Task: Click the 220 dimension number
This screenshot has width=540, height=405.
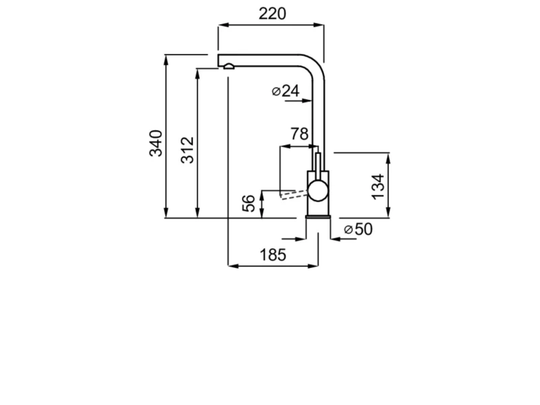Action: click(x=271, y=13)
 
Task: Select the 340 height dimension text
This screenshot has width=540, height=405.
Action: click(x=156, y=143)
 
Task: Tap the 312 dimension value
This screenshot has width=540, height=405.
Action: click(x=188, y=150)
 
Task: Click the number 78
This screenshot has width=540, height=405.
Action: click(x=299, y=134)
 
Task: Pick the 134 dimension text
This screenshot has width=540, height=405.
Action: click(x=378, y=186)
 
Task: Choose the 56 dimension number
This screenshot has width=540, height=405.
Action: click(x=249, y=203)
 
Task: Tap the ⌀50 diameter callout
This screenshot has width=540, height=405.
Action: click(x=358, y=230)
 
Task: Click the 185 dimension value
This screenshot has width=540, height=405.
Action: click(x=273, y=254)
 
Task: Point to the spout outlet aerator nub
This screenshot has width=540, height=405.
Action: click(x=228, y=67)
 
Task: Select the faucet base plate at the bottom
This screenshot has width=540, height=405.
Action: click(x=317, y=216)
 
